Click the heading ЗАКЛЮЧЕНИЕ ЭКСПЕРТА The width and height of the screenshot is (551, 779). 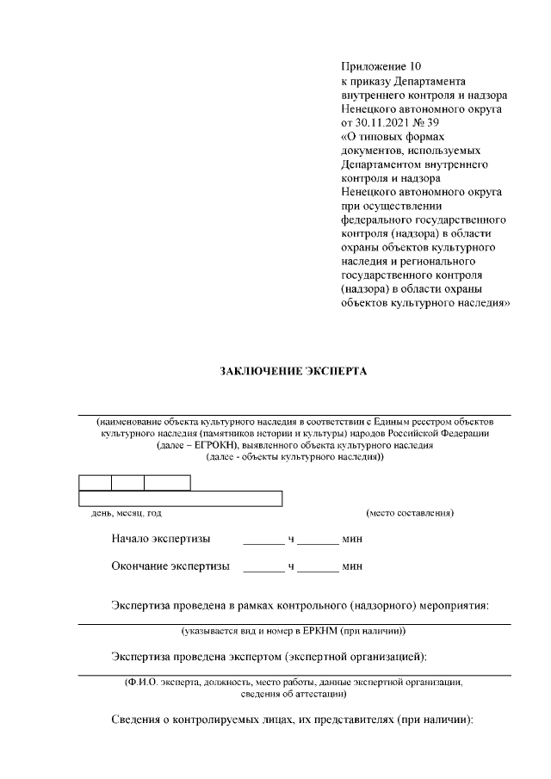coord(293,372)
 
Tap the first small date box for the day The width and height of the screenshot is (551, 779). coord(95,482)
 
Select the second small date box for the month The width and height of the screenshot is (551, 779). coord(127,482)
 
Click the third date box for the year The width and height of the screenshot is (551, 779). coord(167,482)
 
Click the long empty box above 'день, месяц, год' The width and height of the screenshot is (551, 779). coord(181,498)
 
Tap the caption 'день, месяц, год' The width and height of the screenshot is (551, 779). coord(127,514)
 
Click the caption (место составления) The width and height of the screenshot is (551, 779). coord(410,514)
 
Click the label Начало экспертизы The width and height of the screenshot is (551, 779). coord(160,540)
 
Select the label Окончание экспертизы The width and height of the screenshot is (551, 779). coord(170,566)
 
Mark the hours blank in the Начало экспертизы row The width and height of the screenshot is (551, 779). coord(263,541)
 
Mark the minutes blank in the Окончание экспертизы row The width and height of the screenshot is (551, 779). coord(319,567)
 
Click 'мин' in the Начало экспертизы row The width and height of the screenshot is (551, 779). coord(352,540)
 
